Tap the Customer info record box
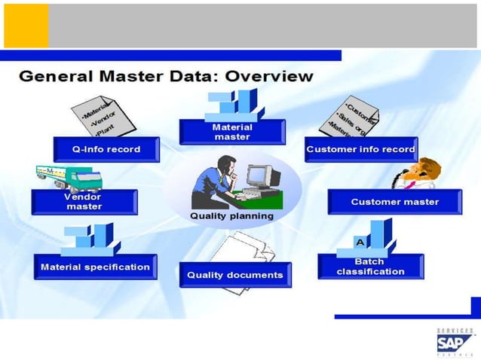pyautogui.click(x=360, y=149)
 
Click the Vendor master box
pyautogui.click(x=84, y=202)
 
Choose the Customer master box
pyautogui.click(x=384, y=202)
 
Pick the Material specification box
pyautogui.click(x=95, y=267)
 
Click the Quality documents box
pyautogui.click(x=234, y=275)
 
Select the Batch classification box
pyautogui.click(x=370, y=267)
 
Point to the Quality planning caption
pyautogui.click(x=231, y=216)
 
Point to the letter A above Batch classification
pyautogui.click(x=360, y=242)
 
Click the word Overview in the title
pyautogui.click(x=259, y=76)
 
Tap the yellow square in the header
pyautogui.click(x=26, y=26)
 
